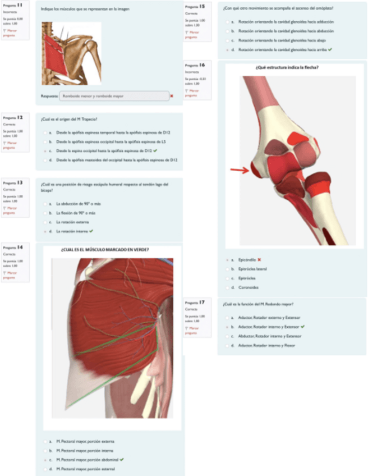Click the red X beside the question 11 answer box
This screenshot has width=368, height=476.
point(172,96)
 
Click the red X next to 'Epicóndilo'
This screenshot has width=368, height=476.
point(260,260)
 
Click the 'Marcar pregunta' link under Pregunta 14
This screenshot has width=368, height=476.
point(10,274)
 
